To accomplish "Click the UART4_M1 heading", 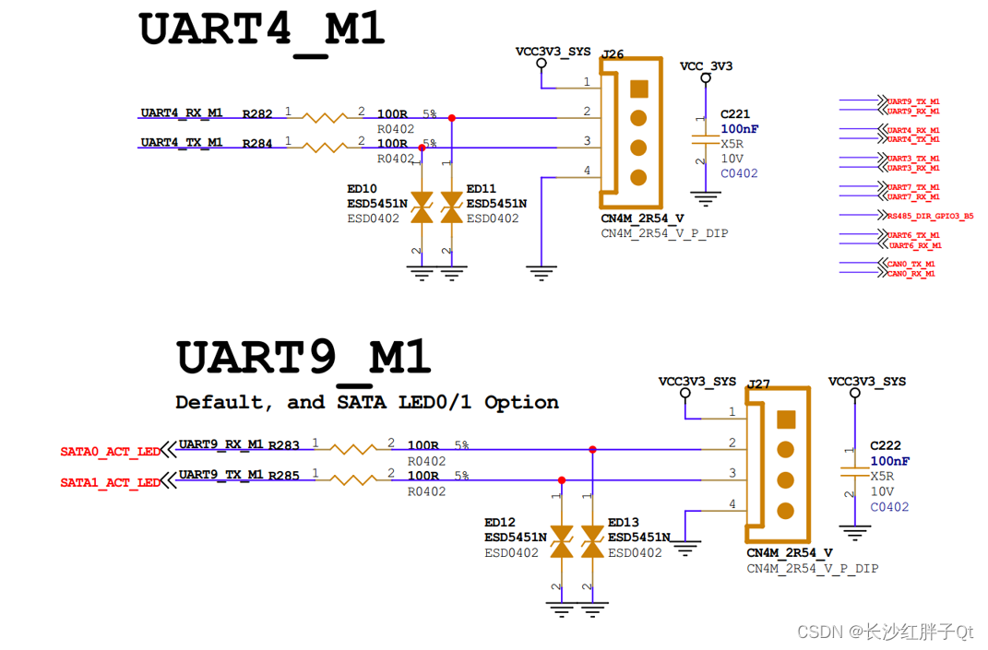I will click(261, 31).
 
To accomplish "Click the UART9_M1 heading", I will click(304, 359).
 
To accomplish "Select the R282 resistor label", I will click(257, 114).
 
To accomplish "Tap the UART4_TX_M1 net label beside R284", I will click(182, 143).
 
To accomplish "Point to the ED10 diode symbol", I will click(422, 207).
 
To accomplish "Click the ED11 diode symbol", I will click(451, 207).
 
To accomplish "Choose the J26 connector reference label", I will click(613, 54).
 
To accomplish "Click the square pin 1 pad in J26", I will click(638, 89).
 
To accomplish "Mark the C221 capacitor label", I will click(735, 114).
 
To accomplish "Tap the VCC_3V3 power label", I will click(707, 66).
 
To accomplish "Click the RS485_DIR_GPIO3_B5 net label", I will click(930, 216).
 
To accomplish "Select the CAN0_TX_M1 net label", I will click(911, 265).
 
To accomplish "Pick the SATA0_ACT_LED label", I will click(110, 452).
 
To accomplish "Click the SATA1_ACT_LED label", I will click(110, 482).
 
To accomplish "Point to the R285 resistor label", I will click(284, 476).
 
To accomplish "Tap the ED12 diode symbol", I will click(562, 542).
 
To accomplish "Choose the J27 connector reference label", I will click(758, 384).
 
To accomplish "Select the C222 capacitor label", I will click(885, 445).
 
